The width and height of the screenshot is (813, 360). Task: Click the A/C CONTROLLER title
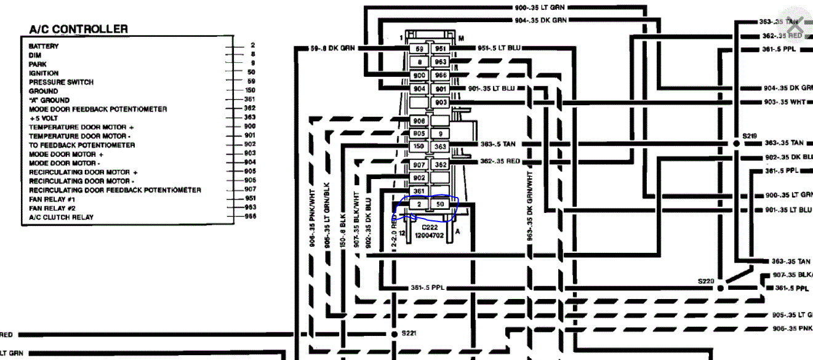[x=78, y=29]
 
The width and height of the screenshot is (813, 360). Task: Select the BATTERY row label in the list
[x=44, y=46]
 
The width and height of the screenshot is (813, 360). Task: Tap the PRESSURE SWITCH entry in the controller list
[x=61, y=82]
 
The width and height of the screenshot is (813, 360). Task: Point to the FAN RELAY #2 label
[x=52, y=208]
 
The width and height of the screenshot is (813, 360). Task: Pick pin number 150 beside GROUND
[x=249, y=90]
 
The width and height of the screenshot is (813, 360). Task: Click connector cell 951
[x=441, y=49]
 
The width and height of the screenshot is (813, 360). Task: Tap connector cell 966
[x=441, y=76]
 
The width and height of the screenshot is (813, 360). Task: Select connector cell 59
[x=419, y=49]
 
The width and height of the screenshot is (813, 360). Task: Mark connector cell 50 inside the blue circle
[x=440, y=204]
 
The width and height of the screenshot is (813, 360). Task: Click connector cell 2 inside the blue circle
[x=419, y=204]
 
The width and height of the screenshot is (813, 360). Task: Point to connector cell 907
[x=419, y=165]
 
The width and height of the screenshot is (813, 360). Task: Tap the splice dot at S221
[x=394, y=334]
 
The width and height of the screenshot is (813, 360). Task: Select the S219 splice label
[x=749, y=135]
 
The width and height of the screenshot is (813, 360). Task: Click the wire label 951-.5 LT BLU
[x=499, y=48]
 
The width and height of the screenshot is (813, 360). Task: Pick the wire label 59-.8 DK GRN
[x=333, y=48]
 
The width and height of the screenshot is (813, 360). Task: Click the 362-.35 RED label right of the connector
[x=500, y=161]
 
